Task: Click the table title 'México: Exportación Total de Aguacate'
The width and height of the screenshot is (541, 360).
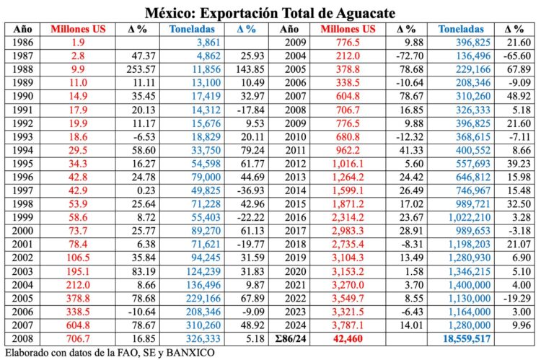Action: click(270, 12)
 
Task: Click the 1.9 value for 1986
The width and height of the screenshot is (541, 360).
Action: click(78, 43)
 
